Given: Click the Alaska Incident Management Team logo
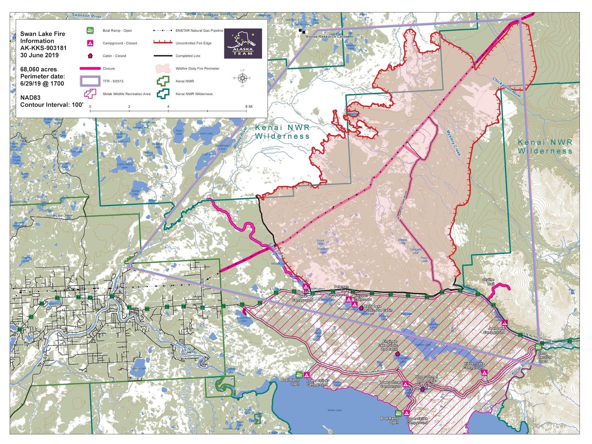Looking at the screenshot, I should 243,44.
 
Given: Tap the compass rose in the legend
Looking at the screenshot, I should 242,78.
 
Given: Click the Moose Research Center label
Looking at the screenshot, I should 327,37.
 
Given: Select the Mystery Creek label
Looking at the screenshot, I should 453,143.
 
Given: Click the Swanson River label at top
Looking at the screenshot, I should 86,16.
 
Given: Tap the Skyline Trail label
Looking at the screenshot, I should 488,282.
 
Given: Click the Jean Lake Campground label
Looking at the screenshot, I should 494,330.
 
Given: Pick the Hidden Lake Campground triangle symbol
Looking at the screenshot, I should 484,373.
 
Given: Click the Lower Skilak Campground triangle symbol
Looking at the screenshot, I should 307,375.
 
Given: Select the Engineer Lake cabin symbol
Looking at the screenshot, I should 397,354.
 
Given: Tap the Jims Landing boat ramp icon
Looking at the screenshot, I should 538,347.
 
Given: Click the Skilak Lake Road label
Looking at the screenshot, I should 372,371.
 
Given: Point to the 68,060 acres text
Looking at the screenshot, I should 38,69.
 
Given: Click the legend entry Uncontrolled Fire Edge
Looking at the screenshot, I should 193,43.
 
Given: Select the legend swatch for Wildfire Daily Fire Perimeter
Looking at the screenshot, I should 163,68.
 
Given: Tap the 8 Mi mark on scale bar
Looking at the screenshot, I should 249,107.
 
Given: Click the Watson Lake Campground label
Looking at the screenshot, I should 303,296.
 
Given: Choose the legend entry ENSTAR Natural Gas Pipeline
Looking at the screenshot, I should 199,31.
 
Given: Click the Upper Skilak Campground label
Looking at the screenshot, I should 417,421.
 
